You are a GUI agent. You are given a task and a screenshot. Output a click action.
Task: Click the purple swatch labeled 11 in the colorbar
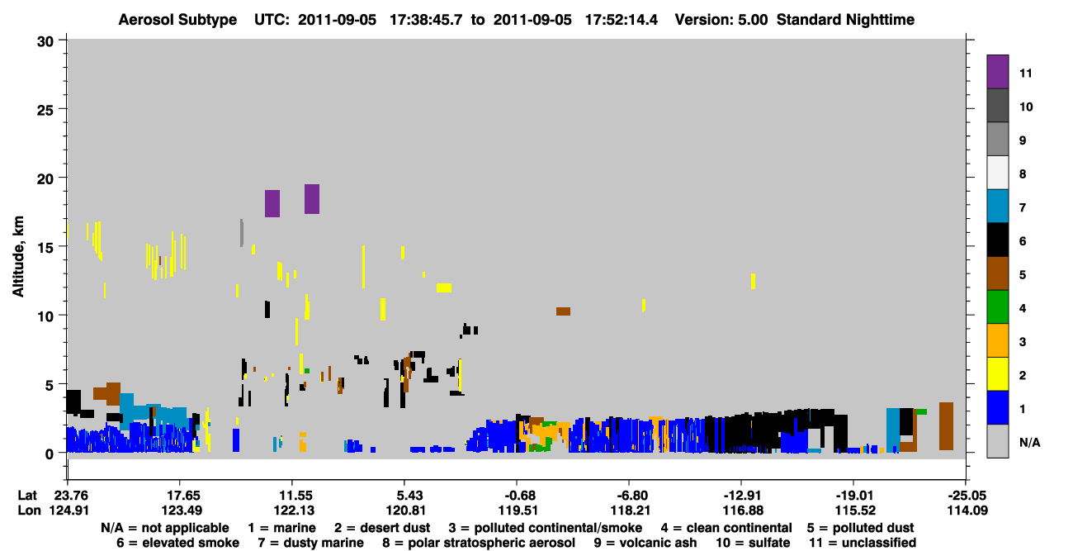click(x=997, y=72)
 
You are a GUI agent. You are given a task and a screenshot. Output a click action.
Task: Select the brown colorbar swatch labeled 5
click(x=997, y=273)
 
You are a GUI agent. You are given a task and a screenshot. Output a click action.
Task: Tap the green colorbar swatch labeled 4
click(x=997, y=307)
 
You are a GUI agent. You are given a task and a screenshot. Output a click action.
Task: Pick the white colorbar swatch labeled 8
click(x=997, y=173)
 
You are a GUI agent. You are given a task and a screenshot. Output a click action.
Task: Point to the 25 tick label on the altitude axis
click(x=45, y=111)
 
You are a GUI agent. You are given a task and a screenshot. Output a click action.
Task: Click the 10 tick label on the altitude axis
click(x=45, y=317)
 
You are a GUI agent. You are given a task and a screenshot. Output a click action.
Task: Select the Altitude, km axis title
click(x=18, y=257)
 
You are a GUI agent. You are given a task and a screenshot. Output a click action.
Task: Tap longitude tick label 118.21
click(x=630, y=511)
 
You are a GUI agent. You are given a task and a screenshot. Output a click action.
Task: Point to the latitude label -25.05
click(x=967, y=496)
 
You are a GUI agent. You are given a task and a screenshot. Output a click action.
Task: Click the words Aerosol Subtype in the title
click(x=177, y=20)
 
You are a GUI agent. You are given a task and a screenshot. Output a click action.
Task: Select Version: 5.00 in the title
click(x=721, y=20)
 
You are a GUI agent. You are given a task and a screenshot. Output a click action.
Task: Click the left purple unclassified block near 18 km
click(x=272, y=203)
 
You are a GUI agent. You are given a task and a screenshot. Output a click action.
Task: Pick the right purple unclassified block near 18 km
click(x=312, y=199)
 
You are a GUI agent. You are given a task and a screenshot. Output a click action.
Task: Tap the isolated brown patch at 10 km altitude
click(x=563, y=311)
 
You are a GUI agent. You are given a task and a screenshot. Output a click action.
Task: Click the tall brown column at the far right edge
click(x=946, y=426)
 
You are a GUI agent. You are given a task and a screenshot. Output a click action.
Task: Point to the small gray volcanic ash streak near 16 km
click(x=242, y=233)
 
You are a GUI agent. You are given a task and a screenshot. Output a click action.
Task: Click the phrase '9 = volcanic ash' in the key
click(x=645, y=543)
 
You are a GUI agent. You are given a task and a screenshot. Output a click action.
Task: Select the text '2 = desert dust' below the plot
click(x=382, y=528)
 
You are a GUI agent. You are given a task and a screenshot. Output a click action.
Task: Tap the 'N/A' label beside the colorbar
click(x=1029, y=442)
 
